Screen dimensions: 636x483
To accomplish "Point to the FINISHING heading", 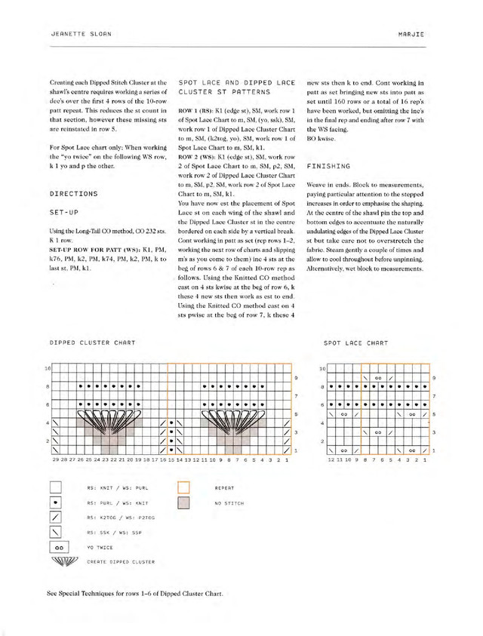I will (329, 165).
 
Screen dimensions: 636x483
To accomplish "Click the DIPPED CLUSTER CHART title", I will (93, 343).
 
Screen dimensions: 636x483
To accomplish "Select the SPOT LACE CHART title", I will (356, 343).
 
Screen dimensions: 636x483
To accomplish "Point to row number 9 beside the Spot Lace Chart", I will (433, 377).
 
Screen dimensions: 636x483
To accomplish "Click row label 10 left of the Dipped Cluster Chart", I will (47, 369).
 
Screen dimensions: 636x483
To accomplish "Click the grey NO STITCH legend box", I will (183, 502).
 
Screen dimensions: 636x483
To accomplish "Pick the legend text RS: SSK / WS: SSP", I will (118, 532).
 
